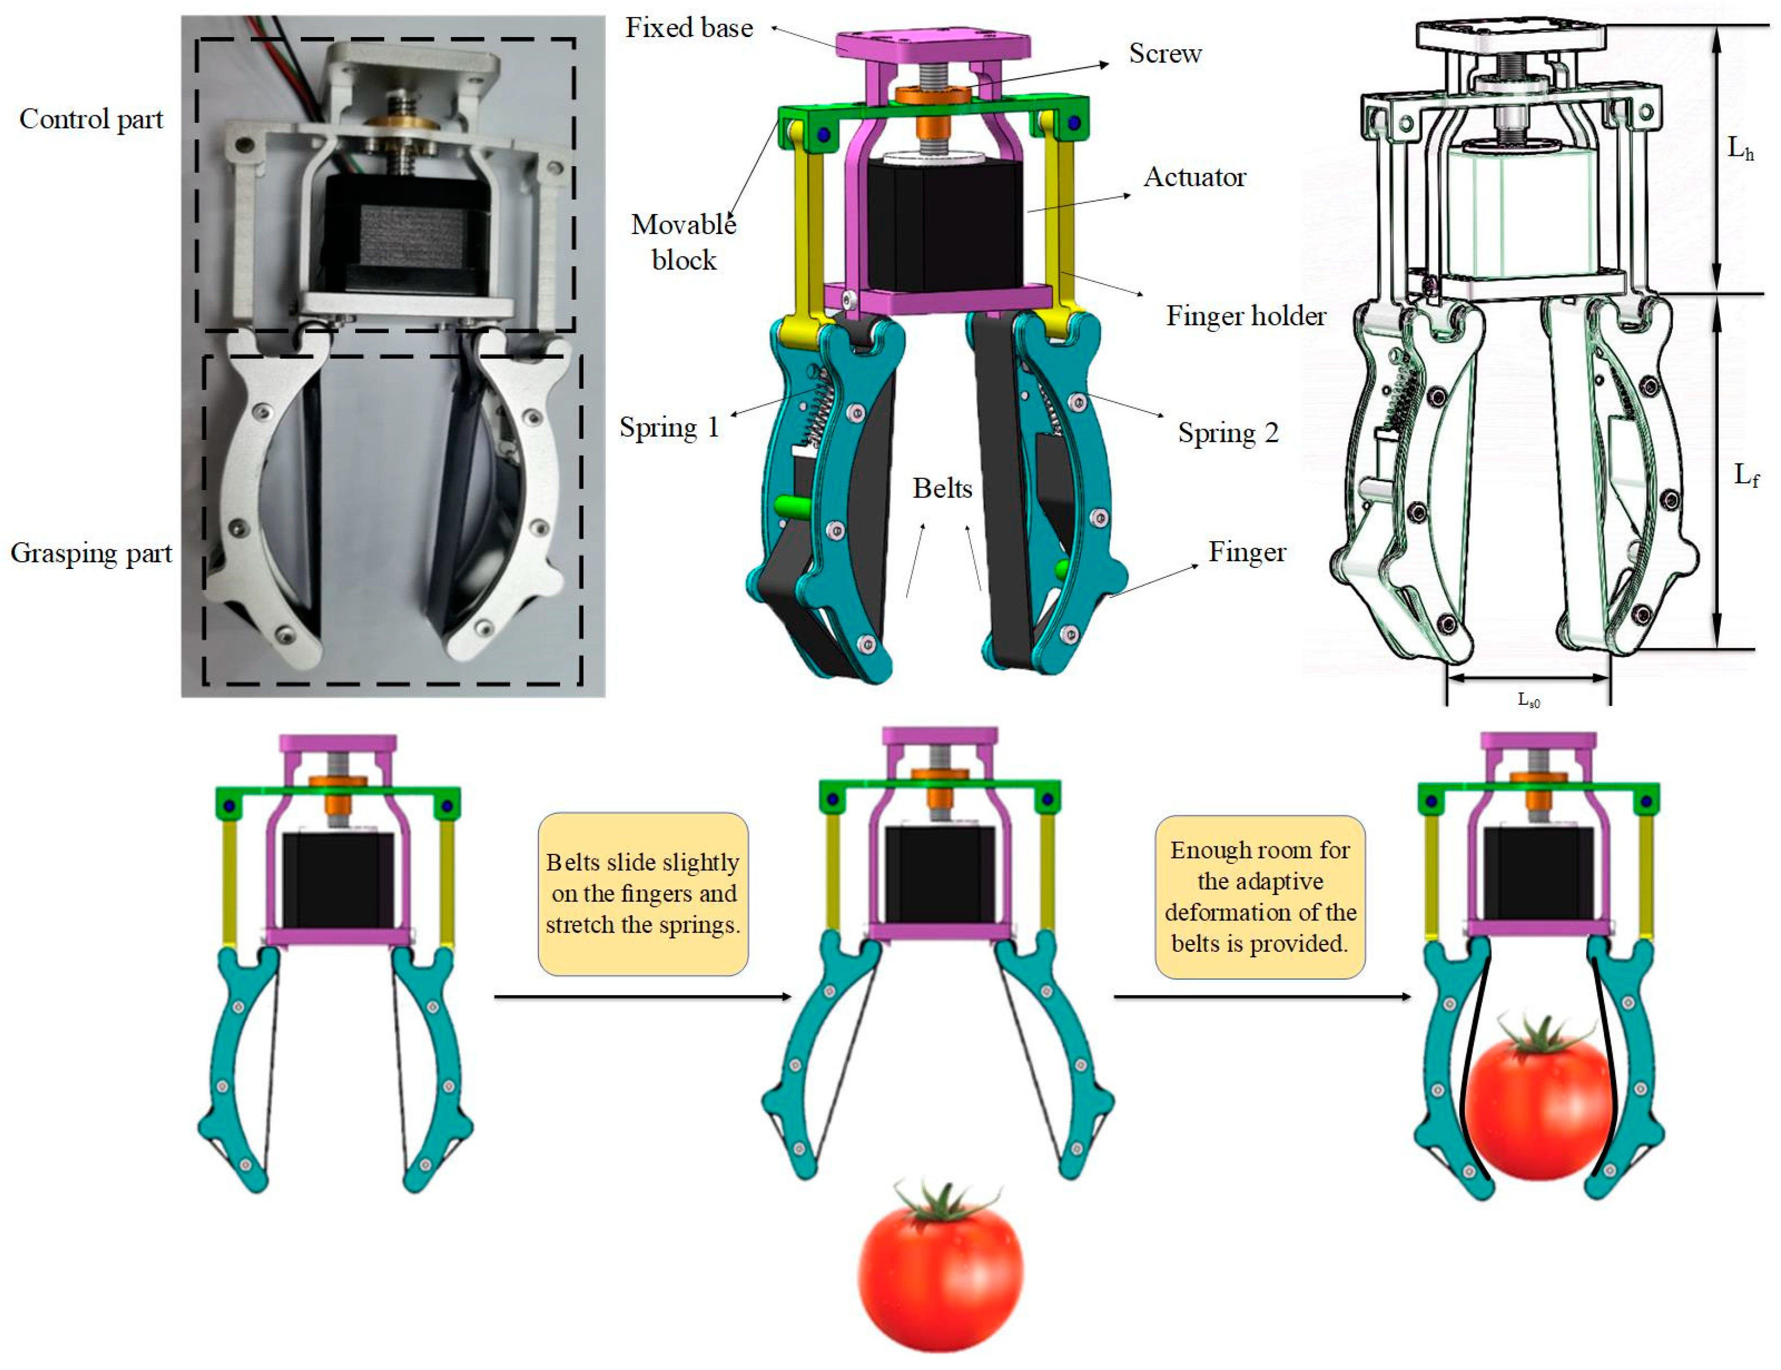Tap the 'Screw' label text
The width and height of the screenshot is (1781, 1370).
[x=1164, y=54]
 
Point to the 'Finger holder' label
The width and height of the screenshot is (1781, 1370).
[x=1245, y=316]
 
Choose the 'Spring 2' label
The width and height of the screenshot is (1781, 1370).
[x=1227, y=433]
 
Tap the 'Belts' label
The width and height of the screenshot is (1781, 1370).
[x=942, y=489]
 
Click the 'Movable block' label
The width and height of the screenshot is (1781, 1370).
[x=684, y=242]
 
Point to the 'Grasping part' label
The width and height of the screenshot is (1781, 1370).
[x=91, y=554]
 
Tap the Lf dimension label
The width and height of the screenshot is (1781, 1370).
[x=1745, y=475]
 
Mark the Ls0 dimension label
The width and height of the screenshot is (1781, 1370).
[x=1528, y=699]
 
